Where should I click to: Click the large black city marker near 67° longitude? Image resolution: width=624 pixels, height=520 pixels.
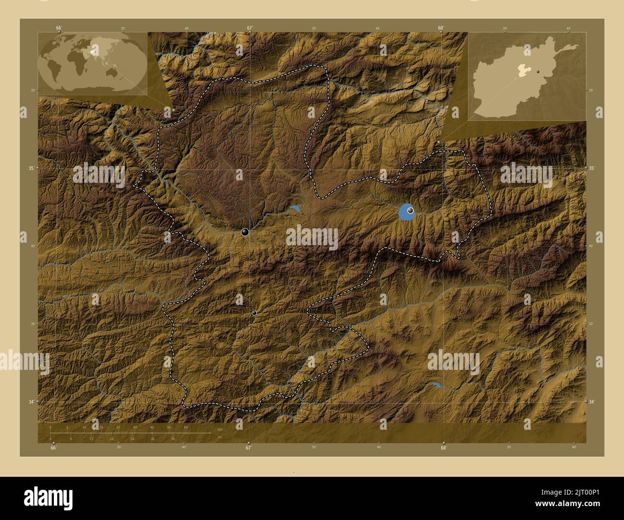(x=245, y=232)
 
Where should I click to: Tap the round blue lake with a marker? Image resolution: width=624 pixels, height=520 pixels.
(x=407, y=212)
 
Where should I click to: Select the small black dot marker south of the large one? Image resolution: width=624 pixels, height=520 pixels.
(x=254, y=313)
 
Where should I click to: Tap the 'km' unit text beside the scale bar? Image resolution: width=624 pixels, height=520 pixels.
(x=220, y=428)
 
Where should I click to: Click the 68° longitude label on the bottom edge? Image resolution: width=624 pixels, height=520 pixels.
(x=444, y=448)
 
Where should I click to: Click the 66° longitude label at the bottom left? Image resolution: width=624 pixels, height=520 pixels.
(x=54, y=448)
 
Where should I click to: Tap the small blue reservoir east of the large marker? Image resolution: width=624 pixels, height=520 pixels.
(x=294, y=209)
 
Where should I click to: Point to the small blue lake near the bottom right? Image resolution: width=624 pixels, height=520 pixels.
(x=436, y=385)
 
